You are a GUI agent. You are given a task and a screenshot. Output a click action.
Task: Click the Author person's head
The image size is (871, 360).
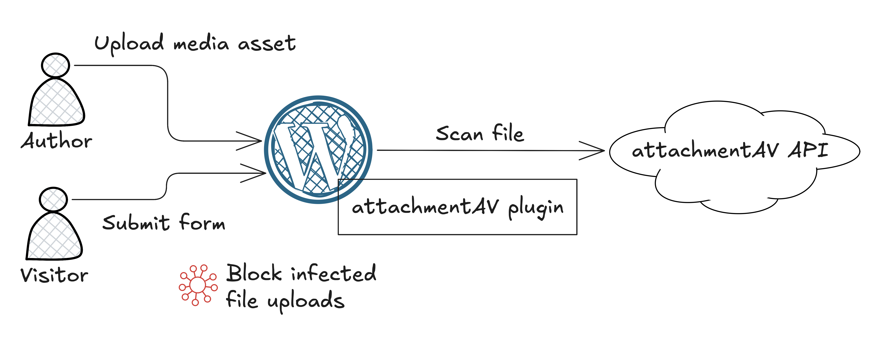coord(56,65)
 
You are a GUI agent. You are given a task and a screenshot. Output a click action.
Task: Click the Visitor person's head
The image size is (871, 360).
coord(53,199)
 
